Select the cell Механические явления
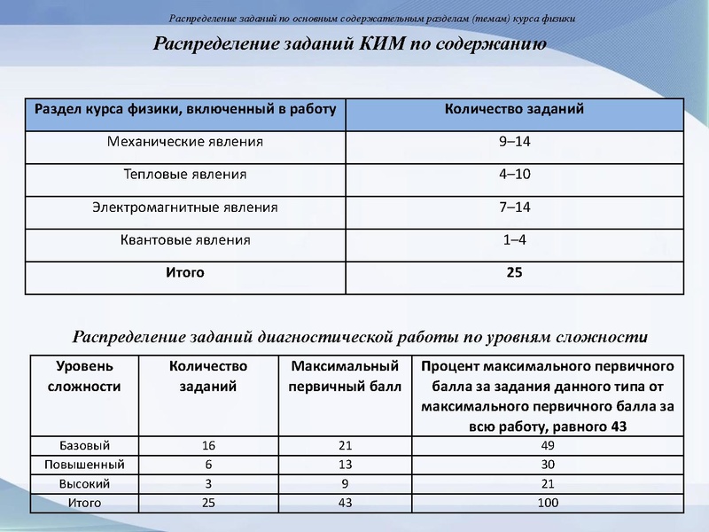(185, 142)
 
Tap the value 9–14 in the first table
(514, 142)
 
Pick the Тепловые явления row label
(185, 175)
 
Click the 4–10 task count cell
(514, 175)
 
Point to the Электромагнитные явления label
(185, 207)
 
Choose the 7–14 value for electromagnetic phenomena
(514, 207)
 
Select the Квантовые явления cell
(185, 240)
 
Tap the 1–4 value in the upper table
(514, 240)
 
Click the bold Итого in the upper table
(185, 273)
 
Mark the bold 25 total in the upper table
(514, 273)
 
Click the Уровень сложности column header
(84, 376)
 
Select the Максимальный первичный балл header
(345, 376)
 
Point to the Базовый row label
(84, 445)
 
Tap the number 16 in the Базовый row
(208, 445)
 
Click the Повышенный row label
(84, 465)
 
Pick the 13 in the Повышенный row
(345, 465)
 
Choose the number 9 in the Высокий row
(345, 484)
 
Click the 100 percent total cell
(548, 504)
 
